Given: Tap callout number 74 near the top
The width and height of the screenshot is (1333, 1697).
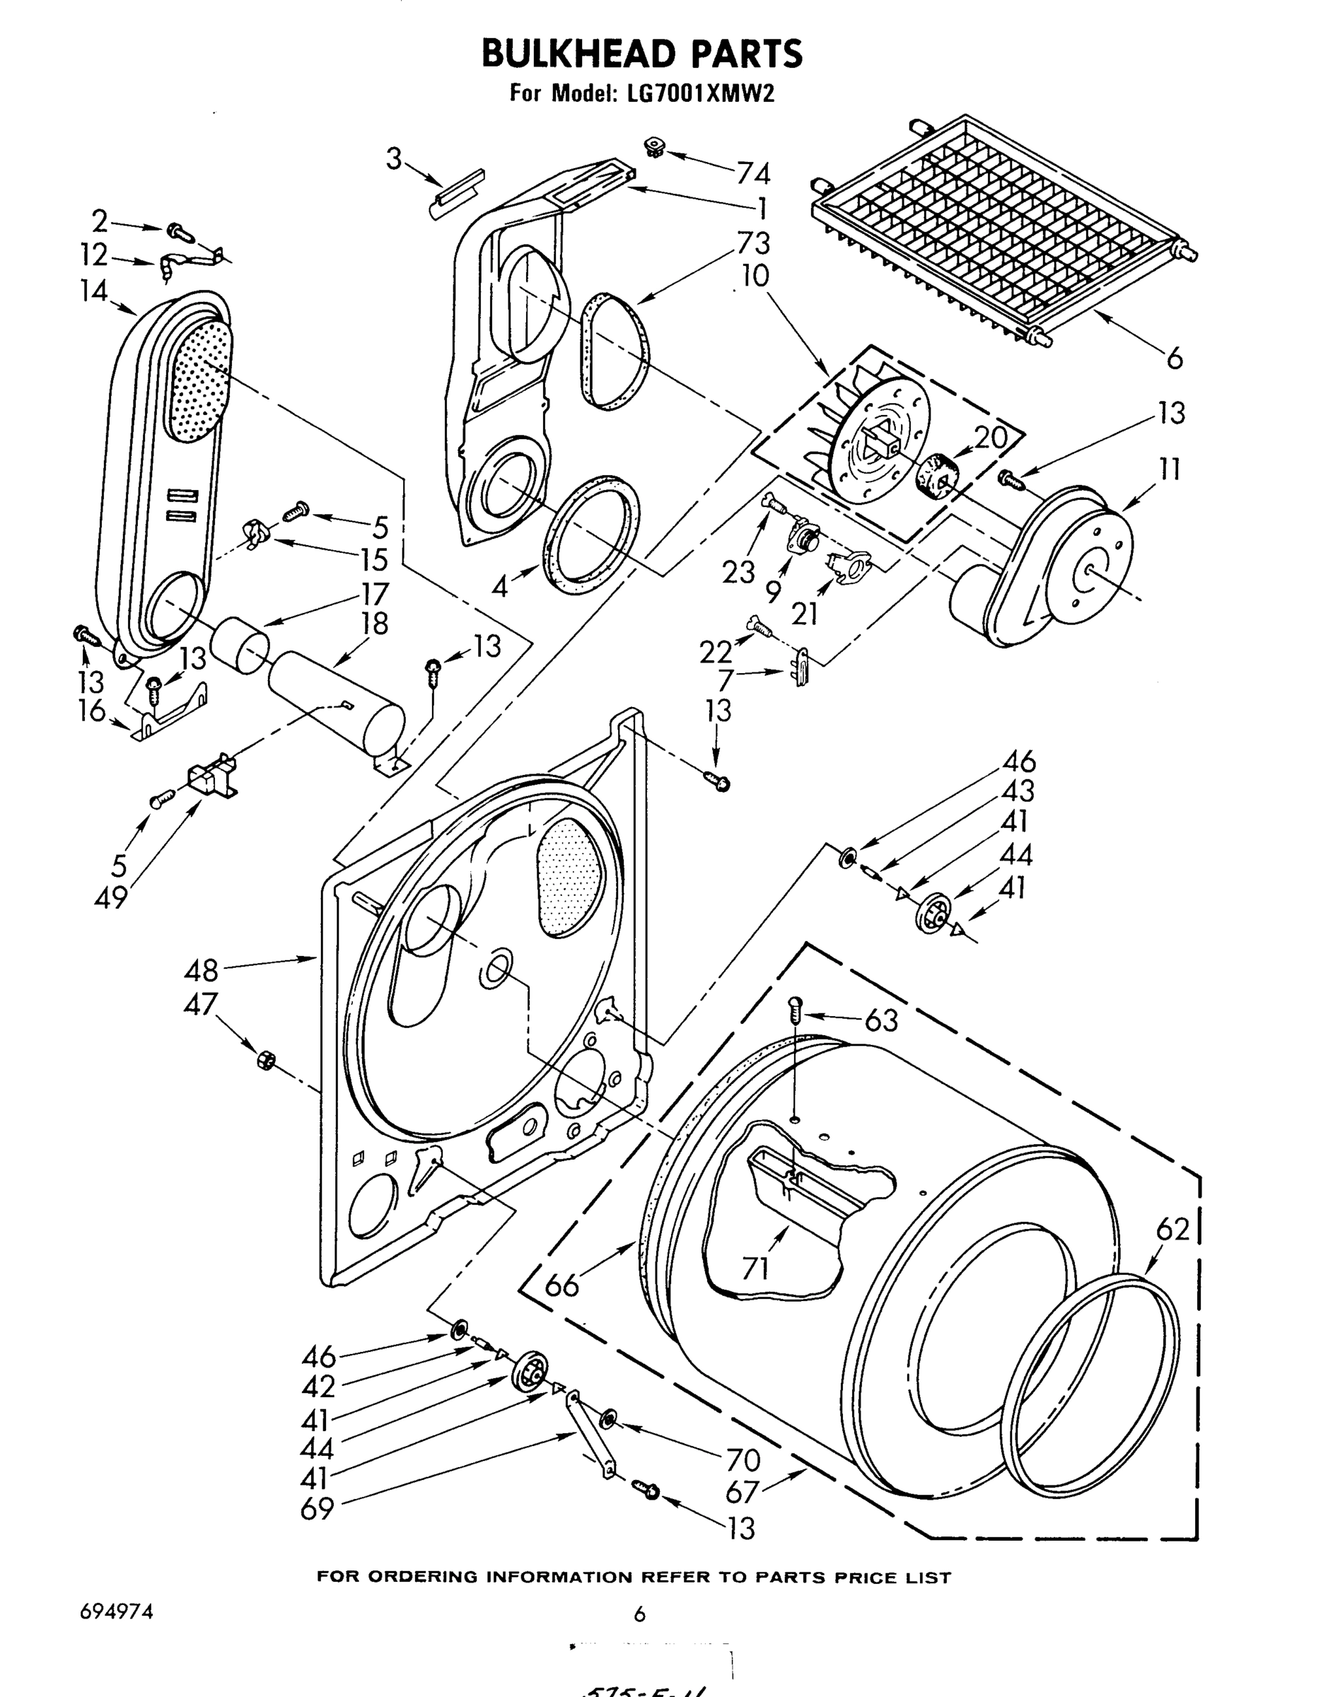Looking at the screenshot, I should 752,173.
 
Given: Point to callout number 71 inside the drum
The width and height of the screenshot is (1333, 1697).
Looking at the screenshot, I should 755,1269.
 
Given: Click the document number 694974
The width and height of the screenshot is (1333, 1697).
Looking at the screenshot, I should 115,1614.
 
